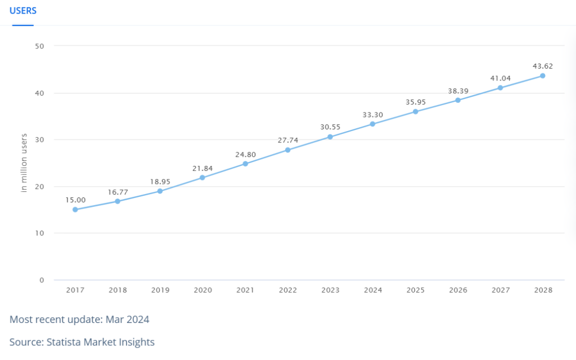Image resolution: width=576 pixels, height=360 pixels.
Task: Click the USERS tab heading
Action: (x=22, y=11)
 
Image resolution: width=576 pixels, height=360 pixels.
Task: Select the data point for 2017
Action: (x=75, y=210)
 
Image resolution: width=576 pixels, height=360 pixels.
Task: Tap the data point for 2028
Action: (x=543, y=76)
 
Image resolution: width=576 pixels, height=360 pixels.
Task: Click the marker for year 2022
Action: (x=287, y=150)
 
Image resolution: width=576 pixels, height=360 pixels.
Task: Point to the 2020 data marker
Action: (x=202, y=178)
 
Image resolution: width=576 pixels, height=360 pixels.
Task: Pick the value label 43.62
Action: (x=543, y=66)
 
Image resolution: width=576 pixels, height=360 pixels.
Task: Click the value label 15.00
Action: (x=75, y=200)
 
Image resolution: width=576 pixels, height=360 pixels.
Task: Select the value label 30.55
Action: (x=330, y=127)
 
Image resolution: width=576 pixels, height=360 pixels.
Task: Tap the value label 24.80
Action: (x=245, y=155)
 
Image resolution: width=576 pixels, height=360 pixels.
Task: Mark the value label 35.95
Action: (x=416, y=102)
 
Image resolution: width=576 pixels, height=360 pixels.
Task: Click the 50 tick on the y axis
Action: (x=40, y=46)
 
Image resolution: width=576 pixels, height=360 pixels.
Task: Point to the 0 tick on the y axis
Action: (x=42, y=280)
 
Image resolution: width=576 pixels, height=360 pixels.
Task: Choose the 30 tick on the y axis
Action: (x=40, y=140)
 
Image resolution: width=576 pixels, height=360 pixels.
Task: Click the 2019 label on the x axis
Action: (x=160, y=290)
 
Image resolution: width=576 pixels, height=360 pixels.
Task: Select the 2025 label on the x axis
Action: (x=416, y=290)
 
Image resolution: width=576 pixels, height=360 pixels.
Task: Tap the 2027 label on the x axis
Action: (x=501, y=290)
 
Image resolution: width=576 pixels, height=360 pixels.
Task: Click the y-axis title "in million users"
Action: (x=24, y=163)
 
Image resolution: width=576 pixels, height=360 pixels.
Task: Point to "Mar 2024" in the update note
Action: (x=127, y=319)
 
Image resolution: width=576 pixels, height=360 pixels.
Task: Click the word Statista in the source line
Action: (x=64, y=342)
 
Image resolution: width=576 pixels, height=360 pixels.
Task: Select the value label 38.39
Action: (x=458, y=91)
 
